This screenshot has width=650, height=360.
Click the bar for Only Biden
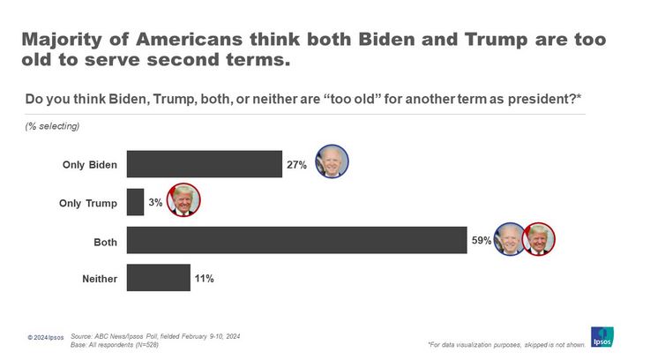(x=204, y=164)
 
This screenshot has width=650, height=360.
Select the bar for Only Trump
(x=135, y=202)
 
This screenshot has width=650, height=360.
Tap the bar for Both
(x=296, y=240)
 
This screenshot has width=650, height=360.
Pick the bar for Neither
(x=158, y=278)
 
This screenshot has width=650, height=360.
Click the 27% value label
(x=296, y=165)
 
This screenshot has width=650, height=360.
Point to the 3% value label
(x=155, y=203)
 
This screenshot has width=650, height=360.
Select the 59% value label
(x=481, y=240)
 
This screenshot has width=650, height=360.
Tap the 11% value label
(x=203, y=278)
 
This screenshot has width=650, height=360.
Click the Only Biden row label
(x=89, y=165)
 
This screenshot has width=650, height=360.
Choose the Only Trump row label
(x=87, y=203)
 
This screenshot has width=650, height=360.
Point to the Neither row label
(x=99, y=279)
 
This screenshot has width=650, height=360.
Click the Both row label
(x=105, y=241)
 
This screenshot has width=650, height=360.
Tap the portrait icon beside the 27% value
(x=332, y=162)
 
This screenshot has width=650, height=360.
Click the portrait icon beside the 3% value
(x=183, y=200)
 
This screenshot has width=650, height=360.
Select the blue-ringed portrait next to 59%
(x=509, y=239)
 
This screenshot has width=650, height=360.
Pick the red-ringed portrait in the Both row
(x=537, y=239)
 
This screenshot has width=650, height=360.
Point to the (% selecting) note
(x=52, y=126)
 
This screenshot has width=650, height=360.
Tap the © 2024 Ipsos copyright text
(x=46, y=338)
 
